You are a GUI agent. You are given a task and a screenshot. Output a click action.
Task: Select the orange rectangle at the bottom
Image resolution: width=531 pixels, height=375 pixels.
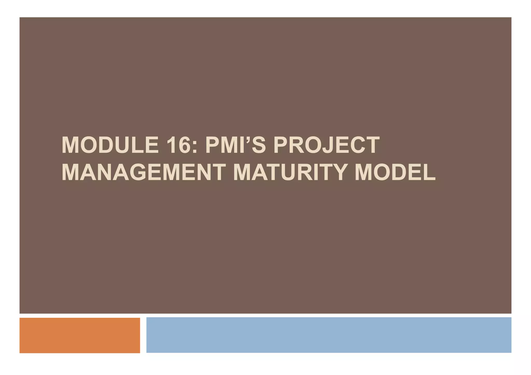[x=80, y=335]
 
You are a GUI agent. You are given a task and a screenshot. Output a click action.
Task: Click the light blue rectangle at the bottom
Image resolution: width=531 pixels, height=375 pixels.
[x=329, y=335]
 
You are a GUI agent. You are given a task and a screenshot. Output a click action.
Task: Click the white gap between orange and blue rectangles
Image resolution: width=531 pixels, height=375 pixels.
[x=143, y=335]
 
